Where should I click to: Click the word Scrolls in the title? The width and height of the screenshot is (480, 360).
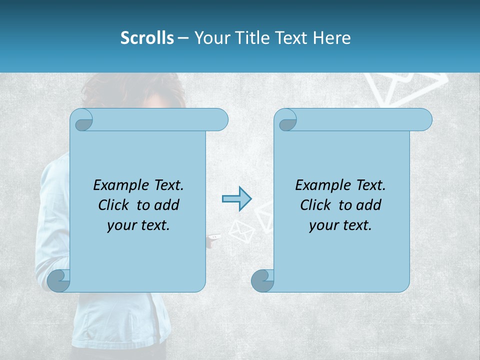point(147,38)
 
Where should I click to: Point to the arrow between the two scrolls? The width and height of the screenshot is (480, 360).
point(236,199)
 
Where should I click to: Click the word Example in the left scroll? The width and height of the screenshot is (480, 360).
point(116,185)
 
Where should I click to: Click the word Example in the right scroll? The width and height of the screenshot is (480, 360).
point(318,185)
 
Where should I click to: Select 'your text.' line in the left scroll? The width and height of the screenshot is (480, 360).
point(138,225)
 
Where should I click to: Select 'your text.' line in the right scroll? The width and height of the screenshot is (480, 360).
point(340,225)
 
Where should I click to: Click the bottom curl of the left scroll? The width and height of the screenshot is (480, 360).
point(59,280)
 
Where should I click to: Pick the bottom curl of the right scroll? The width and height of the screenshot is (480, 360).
point(262,280)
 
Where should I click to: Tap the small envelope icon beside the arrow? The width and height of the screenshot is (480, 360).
point(241,230)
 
